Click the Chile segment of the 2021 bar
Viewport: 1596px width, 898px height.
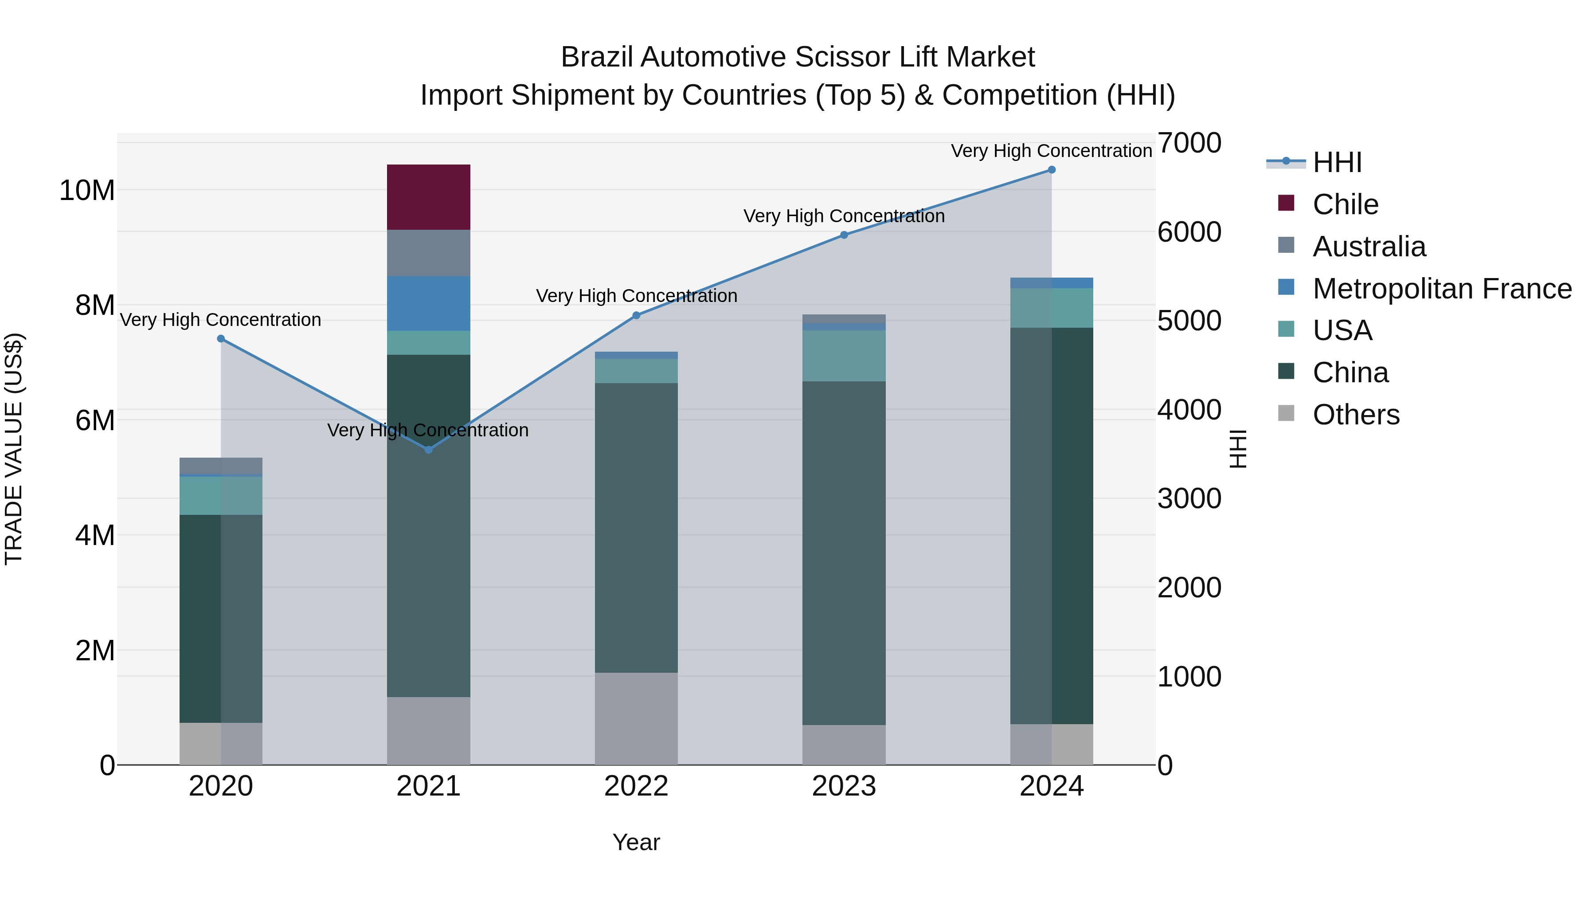click(428, 197)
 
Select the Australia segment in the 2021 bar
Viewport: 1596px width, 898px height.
click(428, 253)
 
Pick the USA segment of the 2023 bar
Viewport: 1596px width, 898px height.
click(843, 355)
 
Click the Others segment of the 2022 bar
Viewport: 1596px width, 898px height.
click(636, 718)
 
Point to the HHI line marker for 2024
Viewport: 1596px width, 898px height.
click(1052, 170)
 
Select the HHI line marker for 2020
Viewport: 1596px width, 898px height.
click(221, 339)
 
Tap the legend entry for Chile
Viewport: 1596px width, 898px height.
click(1345, 204)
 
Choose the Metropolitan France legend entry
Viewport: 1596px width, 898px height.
click(1441, 289)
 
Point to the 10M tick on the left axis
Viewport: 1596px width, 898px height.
click(87, 190)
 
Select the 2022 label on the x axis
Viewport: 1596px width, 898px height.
click(636, 786)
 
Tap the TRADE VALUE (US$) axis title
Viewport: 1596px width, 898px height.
click(14, 449)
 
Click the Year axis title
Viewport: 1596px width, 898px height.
click(636, 842)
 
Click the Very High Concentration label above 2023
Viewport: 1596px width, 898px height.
click(843, 216)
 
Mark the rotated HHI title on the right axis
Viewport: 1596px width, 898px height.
click(1237, 449)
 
